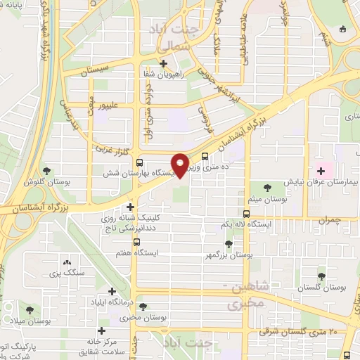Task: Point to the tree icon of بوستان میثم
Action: (x=267, y=186)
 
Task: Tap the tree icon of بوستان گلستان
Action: (x=321, y=276)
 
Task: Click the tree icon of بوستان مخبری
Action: (x=143, y=307)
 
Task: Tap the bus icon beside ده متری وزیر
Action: (x=204, y=157)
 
